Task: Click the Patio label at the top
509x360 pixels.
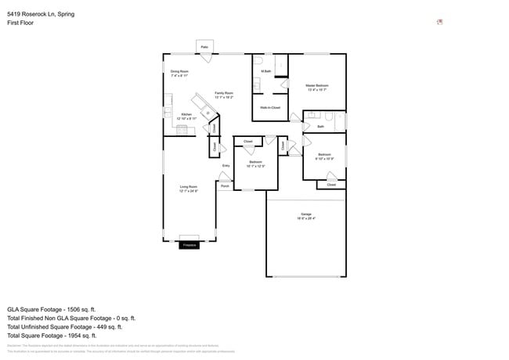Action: (x=204, y=47)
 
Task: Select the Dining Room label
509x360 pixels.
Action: (x=179, y=71)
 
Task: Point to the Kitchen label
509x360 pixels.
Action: (x=186, y=114)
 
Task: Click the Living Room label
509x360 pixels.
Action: (x=188, y=186)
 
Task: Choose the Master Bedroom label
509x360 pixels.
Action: (x=316, y=85)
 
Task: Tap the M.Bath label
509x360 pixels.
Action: (x=266, y=71)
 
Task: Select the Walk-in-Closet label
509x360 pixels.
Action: (x=269, y=107)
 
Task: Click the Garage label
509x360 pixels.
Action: (x=306, y=214)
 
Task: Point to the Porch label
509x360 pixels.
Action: (x=225, y=186)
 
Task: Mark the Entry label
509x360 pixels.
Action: (x=226, y=166)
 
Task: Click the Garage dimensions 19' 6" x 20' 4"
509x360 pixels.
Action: (x=306, y=219)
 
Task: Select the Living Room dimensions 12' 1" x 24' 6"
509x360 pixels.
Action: (x=188, y=191)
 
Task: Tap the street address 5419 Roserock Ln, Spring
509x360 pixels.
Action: (x=41, y=14)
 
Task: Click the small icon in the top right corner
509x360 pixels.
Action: (x=440, y=22)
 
